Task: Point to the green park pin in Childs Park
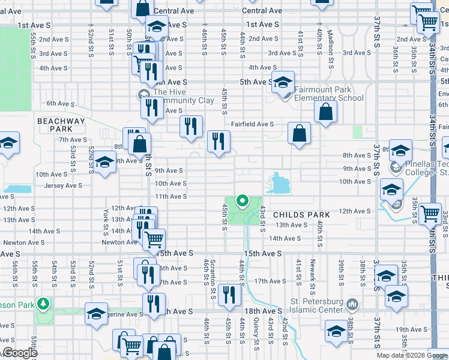click(243, 201)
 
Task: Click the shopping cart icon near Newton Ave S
click(155, 239)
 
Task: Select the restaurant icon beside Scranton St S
click(229, 294)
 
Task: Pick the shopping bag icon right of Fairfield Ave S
click(299, 133)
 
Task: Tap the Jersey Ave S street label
click(63, 186)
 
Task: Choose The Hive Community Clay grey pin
click(143, 94)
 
